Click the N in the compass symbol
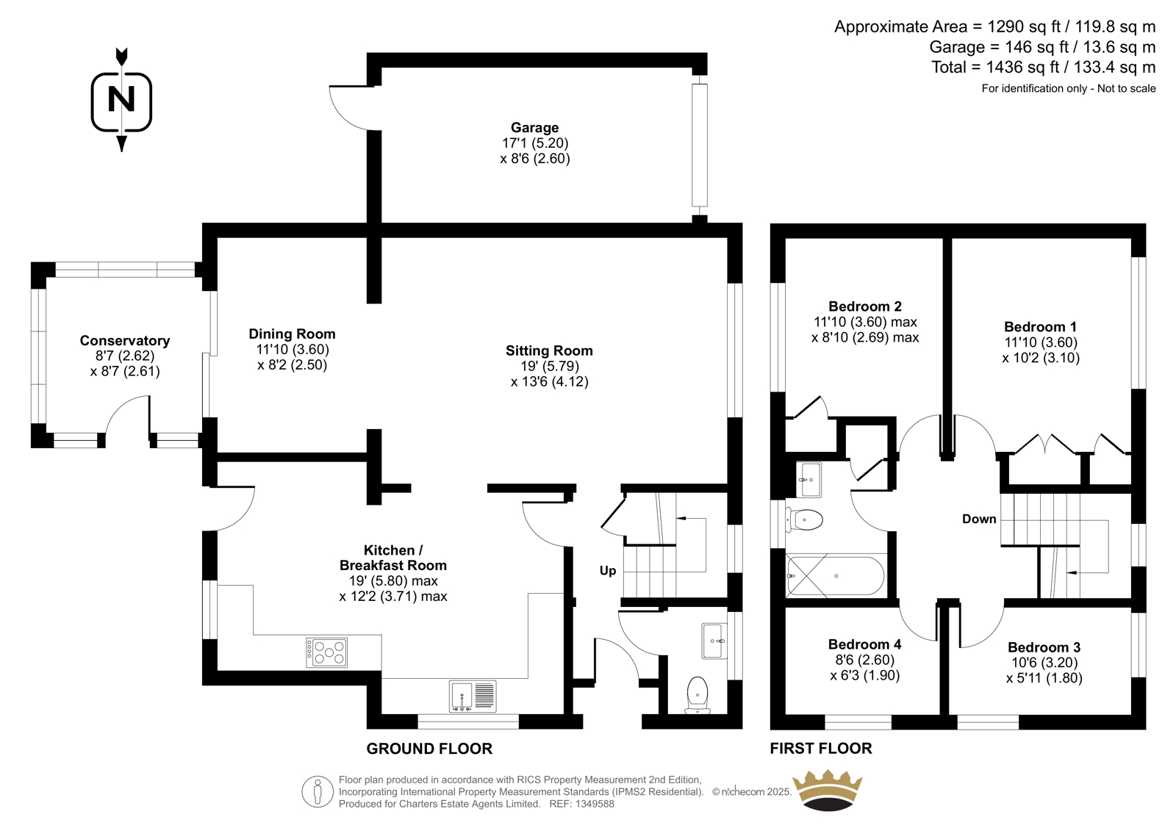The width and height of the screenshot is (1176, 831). [121, 98]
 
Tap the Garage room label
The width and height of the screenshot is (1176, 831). [534, 128]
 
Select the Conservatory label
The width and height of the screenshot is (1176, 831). [125, 341]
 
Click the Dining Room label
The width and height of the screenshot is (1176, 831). [292, 334]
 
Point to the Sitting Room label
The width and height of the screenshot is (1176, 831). [549, 350]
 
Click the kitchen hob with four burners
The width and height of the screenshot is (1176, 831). [326, 652]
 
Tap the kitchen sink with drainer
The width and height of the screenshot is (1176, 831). [473, 696]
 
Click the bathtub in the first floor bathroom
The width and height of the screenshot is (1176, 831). [835, 576]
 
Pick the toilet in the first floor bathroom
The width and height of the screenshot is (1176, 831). [804, 519]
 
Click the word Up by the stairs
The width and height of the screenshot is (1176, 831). [608, 571]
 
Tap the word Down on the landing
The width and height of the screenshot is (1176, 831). [979, 519]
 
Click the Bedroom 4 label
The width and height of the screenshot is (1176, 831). [864, 644]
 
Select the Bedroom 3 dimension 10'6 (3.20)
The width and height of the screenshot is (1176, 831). [1044, 663]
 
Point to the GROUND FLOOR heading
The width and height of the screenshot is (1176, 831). [429, 749]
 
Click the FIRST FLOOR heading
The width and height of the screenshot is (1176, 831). [821, 749]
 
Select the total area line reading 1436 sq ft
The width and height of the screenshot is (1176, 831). [1043, 67]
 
